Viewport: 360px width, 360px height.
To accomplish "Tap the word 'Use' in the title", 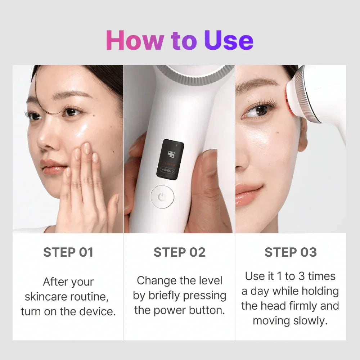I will [229, 40].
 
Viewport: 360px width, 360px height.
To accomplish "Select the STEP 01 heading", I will [68, 252].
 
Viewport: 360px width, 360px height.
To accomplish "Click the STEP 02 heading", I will [179, 252].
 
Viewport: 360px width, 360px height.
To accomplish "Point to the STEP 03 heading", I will [291, 252].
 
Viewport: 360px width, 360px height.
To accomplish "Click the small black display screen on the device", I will [170, 158].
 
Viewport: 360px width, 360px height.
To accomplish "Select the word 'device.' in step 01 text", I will [97, 311].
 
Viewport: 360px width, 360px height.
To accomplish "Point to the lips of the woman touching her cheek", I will [54, 167].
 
